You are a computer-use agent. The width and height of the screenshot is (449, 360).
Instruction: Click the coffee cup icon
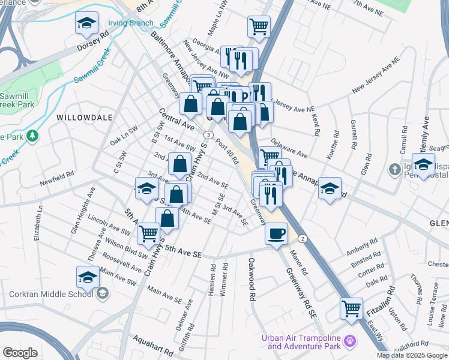point(276,233)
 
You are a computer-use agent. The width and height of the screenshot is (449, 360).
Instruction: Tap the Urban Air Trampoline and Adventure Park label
point(304,341)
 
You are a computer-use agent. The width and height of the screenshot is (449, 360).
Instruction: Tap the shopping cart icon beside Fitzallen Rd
point(351,309)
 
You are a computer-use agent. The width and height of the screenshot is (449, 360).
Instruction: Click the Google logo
point(20,353)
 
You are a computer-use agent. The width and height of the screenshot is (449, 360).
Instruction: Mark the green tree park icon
point(32,136)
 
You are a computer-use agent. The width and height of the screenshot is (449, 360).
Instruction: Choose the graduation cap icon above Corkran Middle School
point(88,277)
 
